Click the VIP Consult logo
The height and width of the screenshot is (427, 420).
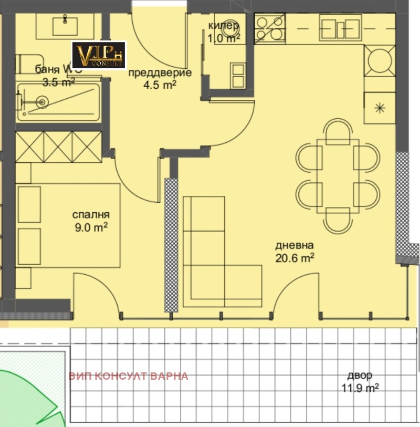[99, 55]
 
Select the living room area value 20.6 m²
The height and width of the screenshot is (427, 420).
[295, 257]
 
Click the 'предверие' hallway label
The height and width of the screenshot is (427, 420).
[152, 72]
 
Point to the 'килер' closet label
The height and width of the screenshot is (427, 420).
[224, 25]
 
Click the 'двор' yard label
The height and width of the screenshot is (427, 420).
[360, 376]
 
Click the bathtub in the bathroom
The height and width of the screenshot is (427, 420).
[58, 102]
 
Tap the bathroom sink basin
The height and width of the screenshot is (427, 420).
[65, 24]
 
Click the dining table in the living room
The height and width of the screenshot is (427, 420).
[338, 175]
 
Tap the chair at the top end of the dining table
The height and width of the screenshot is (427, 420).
[338, 131]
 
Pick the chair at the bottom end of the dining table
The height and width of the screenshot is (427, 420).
[338, 221]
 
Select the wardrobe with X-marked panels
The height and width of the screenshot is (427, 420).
[58, 147]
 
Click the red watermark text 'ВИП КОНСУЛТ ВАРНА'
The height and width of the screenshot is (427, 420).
[128, 376]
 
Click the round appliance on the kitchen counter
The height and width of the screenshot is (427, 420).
[380, 60]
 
